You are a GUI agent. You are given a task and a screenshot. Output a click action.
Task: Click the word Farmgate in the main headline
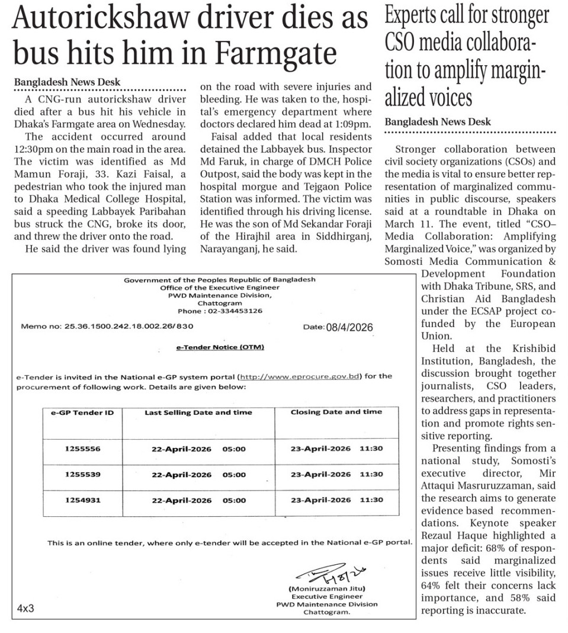click(x=277, y=53)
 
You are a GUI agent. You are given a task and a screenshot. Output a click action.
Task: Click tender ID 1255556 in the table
click(x=82, y=449)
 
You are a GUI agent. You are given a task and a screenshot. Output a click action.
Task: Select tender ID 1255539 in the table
click(x=82, y=474)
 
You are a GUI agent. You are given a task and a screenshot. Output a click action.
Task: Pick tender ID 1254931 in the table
click(x=82, y=500)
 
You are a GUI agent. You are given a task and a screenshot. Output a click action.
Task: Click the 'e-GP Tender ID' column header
click(x=82, y=412)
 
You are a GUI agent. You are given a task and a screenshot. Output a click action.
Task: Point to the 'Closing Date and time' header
click(x=336, y=412)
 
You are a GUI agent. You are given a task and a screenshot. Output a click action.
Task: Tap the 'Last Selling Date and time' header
click(x=198, y=412)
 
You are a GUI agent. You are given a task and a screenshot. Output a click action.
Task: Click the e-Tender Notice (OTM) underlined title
click(x=220, y=347)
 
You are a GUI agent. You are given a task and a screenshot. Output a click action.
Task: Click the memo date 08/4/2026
click(x=349, y=327)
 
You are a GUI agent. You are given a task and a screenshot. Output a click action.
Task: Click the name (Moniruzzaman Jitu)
click(x=326, y=589)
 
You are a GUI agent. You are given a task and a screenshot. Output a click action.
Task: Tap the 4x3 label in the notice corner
click(x=25, y=609)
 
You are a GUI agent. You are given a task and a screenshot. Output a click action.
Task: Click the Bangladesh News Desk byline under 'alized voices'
click(x=438, y=122)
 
